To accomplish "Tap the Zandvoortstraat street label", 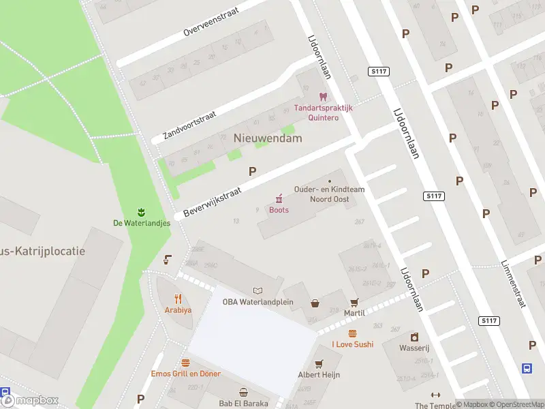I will coord(189,125).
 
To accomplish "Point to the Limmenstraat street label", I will coord(513,283).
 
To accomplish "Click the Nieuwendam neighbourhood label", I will coord(268,138).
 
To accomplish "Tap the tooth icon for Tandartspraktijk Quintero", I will coord(323,97).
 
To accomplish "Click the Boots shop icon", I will coord(279,198).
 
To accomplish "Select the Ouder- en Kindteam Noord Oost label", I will coord(330,194).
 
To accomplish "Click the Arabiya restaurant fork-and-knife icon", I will coord(178,298).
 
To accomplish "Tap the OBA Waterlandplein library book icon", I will coord(258,290).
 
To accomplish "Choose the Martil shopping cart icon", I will coord(354,302).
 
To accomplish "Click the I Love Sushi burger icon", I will coord(352,333).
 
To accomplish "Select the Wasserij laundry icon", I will coord(414,337).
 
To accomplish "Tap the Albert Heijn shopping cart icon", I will coord(319,363).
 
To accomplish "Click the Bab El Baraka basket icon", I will coord(243,392).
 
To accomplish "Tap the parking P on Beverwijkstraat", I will coord(253,172).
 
